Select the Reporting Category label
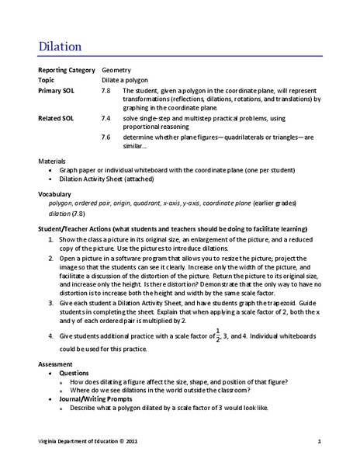(x=67, y=70)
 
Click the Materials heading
(x=54, y=161)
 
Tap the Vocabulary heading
(x=55, y=193)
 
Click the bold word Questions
(x=75, y=373)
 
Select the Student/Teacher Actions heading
(x=172, y=230)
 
